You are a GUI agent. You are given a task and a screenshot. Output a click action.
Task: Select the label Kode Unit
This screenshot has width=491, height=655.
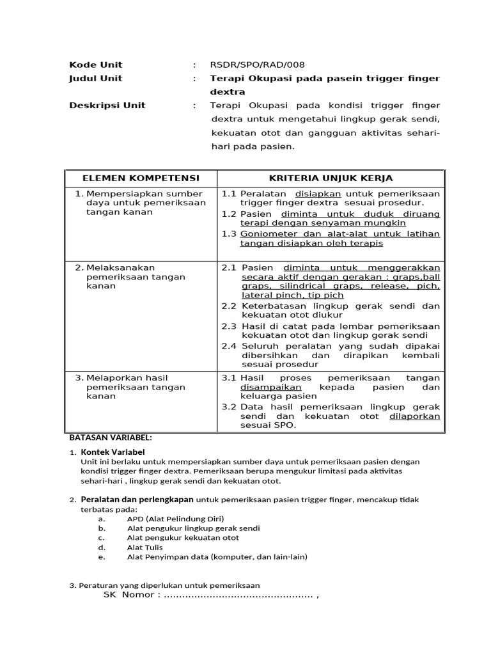(95, 65)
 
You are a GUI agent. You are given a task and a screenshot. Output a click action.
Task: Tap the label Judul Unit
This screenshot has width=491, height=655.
(95, 78)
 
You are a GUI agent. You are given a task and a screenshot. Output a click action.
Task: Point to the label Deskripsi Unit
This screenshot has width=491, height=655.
(107, 106)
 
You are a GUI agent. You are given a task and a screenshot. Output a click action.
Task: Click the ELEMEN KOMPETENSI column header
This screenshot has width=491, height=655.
(141, 178)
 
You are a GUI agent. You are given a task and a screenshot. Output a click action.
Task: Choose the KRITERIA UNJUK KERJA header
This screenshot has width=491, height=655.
(331, 178)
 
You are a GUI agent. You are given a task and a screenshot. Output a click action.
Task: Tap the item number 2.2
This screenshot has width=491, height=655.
(229, 306)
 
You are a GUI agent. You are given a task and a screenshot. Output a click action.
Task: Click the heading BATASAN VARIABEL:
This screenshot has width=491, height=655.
(110, 438)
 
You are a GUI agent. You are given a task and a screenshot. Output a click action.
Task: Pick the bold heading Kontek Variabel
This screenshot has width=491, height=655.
(113, 452)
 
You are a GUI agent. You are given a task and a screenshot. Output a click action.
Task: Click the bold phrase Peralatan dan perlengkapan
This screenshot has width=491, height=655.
(137, 500)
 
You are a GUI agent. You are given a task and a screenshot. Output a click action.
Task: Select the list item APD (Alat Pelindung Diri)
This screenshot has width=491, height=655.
(175, 519)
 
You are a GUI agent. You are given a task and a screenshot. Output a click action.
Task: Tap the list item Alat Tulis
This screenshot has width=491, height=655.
(144, 548)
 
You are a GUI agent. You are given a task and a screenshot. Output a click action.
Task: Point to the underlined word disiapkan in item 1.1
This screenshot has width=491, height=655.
(317, 193)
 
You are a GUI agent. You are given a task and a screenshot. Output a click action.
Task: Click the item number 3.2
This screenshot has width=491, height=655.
(229, 407)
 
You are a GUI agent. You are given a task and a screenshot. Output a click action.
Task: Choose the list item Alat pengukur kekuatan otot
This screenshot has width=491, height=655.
(183, 538)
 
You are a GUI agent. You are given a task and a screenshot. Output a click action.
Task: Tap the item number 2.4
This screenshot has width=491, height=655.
(229, 346)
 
